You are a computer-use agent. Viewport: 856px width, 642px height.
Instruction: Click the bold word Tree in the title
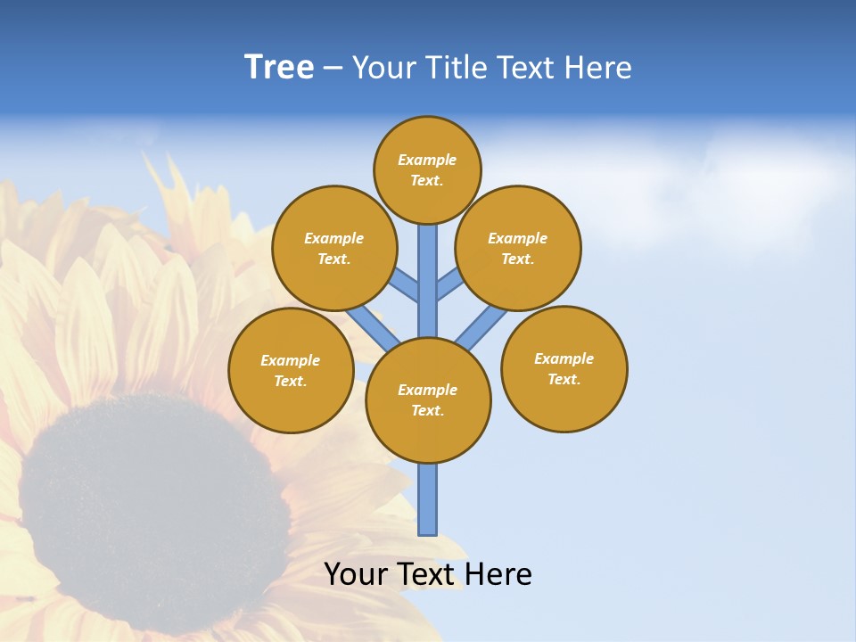pyautogui.click(x=279, y=68)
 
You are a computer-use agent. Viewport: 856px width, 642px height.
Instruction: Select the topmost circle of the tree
pyautogui.click(x=427, y=169)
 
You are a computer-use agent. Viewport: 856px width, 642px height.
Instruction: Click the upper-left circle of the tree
pyautogui.click(x=333, y=248)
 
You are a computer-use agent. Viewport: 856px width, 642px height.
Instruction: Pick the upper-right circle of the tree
pyautogui.click(x=517, y=248)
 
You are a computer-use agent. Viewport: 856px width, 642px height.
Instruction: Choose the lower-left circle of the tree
pyautogui.click(x=291, y=370)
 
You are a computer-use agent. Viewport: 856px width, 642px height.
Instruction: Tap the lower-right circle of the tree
pyautogui.click(x=564, y=368)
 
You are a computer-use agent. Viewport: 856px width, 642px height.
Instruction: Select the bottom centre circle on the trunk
pyautogui.click(x=427, y=399)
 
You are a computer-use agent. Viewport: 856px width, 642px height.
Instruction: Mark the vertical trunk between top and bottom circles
pyautogui.click(x=427, y=281)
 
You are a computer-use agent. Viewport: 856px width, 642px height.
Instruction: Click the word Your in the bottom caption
pyautogui.click(x=356, y=574)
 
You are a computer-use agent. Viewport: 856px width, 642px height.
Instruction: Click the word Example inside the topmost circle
pyautogui.click(x=427, y=160)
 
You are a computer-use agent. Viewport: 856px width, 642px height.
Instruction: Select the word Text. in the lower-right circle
pyautogui.click(x=564, y=379)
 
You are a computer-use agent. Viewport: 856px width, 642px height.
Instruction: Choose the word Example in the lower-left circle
pyautogui.click(x=291, y=360)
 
